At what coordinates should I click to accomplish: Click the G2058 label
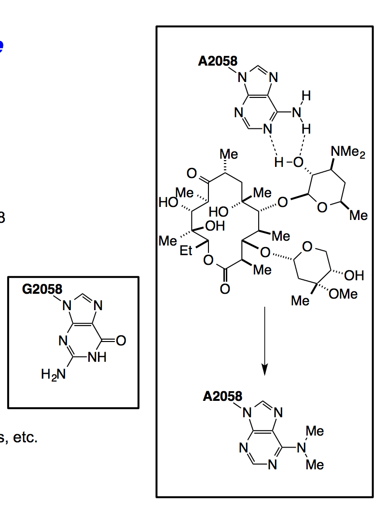[42, 289]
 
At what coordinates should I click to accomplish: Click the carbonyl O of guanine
[121, 341]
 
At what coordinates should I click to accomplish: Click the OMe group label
[344, 293]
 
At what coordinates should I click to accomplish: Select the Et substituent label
[187, 251]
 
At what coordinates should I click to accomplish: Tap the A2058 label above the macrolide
[218, 61]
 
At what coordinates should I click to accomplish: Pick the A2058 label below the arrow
[222, 397]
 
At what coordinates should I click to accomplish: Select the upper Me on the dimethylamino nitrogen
[315, 431]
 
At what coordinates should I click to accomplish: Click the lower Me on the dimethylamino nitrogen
[315, 465]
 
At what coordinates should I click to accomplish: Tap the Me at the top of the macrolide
[229, 154]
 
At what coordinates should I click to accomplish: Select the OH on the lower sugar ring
[354, 275]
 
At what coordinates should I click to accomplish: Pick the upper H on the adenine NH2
[305, 96]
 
